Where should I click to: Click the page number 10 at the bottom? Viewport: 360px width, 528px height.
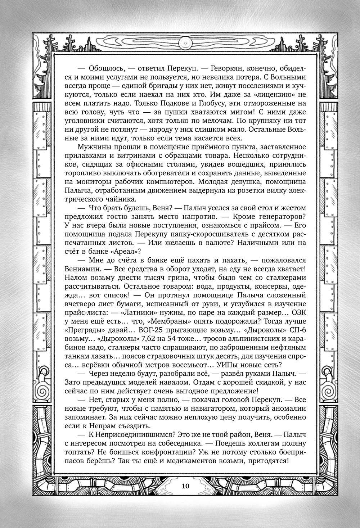coord(185,486)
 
